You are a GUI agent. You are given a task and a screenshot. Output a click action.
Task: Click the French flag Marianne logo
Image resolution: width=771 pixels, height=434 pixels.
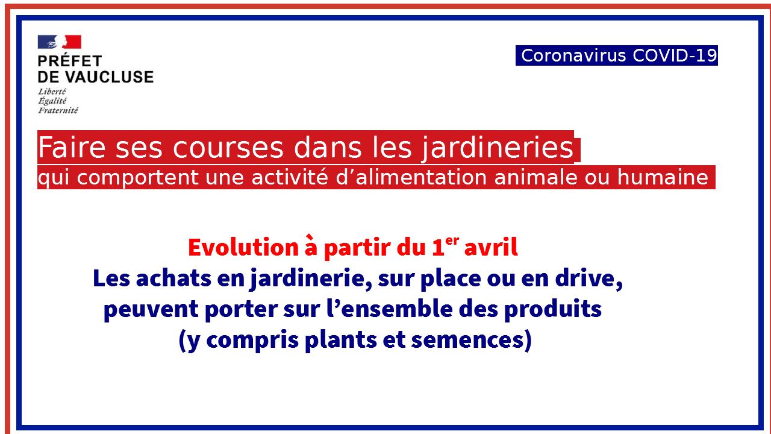[x=60, y=42]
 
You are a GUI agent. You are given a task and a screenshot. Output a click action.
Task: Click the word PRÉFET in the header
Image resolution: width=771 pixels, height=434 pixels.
[x=70, y=61]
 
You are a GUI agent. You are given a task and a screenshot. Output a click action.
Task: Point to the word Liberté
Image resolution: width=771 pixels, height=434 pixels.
[x=52, y=92]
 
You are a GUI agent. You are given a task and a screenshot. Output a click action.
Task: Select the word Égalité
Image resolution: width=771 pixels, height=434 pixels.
[x=52, y=101]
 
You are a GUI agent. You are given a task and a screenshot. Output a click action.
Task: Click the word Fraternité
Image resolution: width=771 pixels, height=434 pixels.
[x=58, y=110]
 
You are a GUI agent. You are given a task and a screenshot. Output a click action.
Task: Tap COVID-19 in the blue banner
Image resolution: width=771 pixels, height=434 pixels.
[x=675, y=55]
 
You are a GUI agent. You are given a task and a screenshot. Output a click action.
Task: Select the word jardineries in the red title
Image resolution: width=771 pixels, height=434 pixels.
[x=498, y=148]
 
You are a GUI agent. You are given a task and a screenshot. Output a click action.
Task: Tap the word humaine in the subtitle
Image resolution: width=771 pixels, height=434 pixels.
[x=663, y=177]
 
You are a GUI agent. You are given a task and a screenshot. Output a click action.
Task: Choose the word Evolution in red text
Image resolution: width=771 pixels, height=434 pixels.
[x=243, y=247]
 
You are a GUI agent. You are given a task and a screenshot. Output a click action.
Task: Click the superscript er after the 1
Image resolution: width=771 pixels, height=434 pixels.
[x=452, y=241]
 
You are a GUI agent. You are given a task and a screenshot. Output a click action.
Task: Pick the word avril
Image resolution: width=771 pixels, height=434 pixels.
[x=491, y=247]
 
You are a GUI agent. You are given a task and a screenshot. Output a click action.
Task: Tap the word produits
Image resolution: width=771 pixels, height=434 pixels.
[x=553, y=309]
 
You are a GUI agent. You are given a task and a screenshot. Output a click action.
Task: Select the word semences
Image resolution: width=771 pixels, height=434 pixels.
[x=471, y=340]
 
